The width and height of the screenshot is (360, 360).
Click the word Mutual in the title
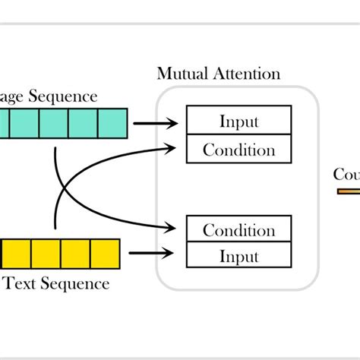183,74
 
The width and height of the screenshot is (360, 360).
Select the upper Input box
238,121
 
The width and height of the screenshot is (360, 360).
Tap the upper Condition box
238,149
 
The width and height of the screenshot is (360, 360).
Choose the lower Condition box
238,229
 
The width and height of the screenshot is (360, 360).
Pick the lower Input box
238,257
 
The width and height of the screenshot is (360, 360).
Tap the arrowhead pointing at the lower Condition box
178,226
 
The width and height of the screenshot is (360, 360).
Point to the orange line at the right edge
349,191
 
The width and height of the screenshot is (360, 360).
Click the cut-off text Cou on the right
346,175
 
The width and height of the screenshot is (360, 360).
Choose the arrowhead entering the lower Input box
178,253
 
